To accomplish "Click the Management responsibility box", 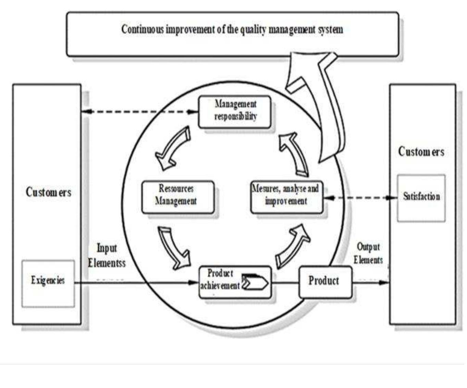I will [x=235, y=111].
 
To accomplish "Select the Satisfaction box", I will [x=421, y=197].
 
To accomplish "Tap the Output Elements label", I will [x=368, y=253].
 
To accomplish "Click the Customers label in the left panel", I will [x=48, y=192].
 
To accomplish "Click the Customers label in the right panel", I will [x=421, y=152].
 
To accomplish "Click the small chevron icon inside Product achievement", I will [x=255, y=283].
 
